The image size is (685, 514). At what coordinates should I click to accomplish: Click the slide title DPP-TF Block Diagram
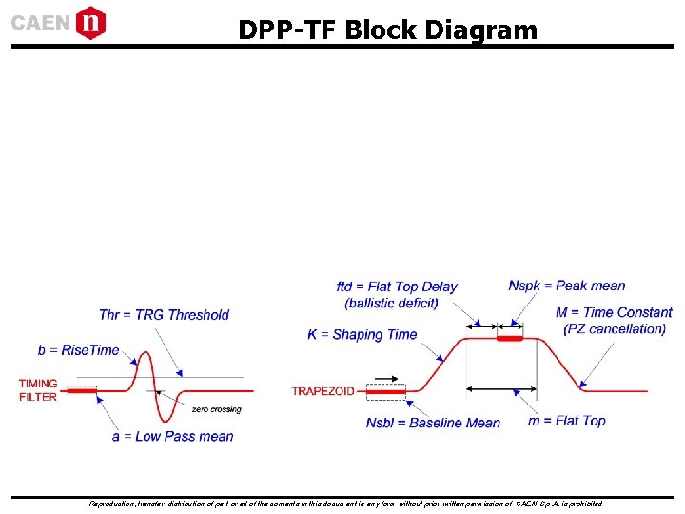(x=387, y=30)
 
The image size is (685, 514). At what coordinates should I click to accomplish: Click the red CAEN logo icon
(x=90, y=22)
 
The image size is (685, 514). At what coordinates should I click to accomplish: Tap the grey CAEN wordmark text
(x=40, y=23)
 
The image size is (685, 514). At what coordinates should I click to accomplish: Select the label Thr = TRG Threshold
(x=164, y=315)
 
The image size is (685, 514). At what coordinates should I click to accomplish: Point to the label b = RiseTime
(x=78, y=350)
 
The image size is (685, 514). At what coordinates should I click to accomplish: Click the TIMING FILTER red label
(x=38, y=390)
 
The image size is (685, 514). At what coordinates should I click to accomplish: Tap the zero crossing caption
(x=216, y=409)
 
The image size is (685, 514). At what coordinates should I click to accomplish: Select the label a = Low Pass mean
(x=172, y=437)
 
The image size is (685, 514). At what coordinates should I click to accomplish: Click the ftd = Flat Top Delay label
(x=397, y=287)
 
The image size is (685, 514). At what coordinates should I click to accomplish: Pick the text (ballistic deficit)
(x=391, y=304)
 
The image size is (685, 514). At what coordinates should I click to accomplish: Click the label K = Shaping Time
(x=362, y=335)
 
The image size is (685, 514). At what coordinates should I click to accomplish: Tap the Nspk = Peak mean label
(x=567, y=286)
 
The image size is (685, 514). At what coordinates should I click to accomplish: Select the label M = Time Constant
(x=614, y=312)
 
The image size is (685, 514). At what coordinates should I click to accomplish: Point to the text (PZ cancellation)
(x=615, y=329)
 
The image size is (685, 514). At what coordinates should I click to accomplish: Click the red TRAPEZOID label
(x=323, y=391)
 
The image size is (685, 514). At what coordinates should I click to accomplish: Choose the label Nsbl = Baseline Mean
(x=433, y=423)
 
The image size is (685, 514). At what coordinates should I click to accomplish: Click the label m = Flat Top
(x=567, y=421)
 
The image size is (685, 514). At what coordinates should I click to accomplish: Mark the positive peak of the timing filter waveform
(x=147, y=355)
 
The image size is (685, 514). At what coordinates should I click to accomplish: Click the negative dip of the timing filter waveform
(x=168, y=418)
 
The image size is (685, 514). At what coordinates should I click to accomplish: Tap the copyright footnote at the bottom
(x=344, y=504)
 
